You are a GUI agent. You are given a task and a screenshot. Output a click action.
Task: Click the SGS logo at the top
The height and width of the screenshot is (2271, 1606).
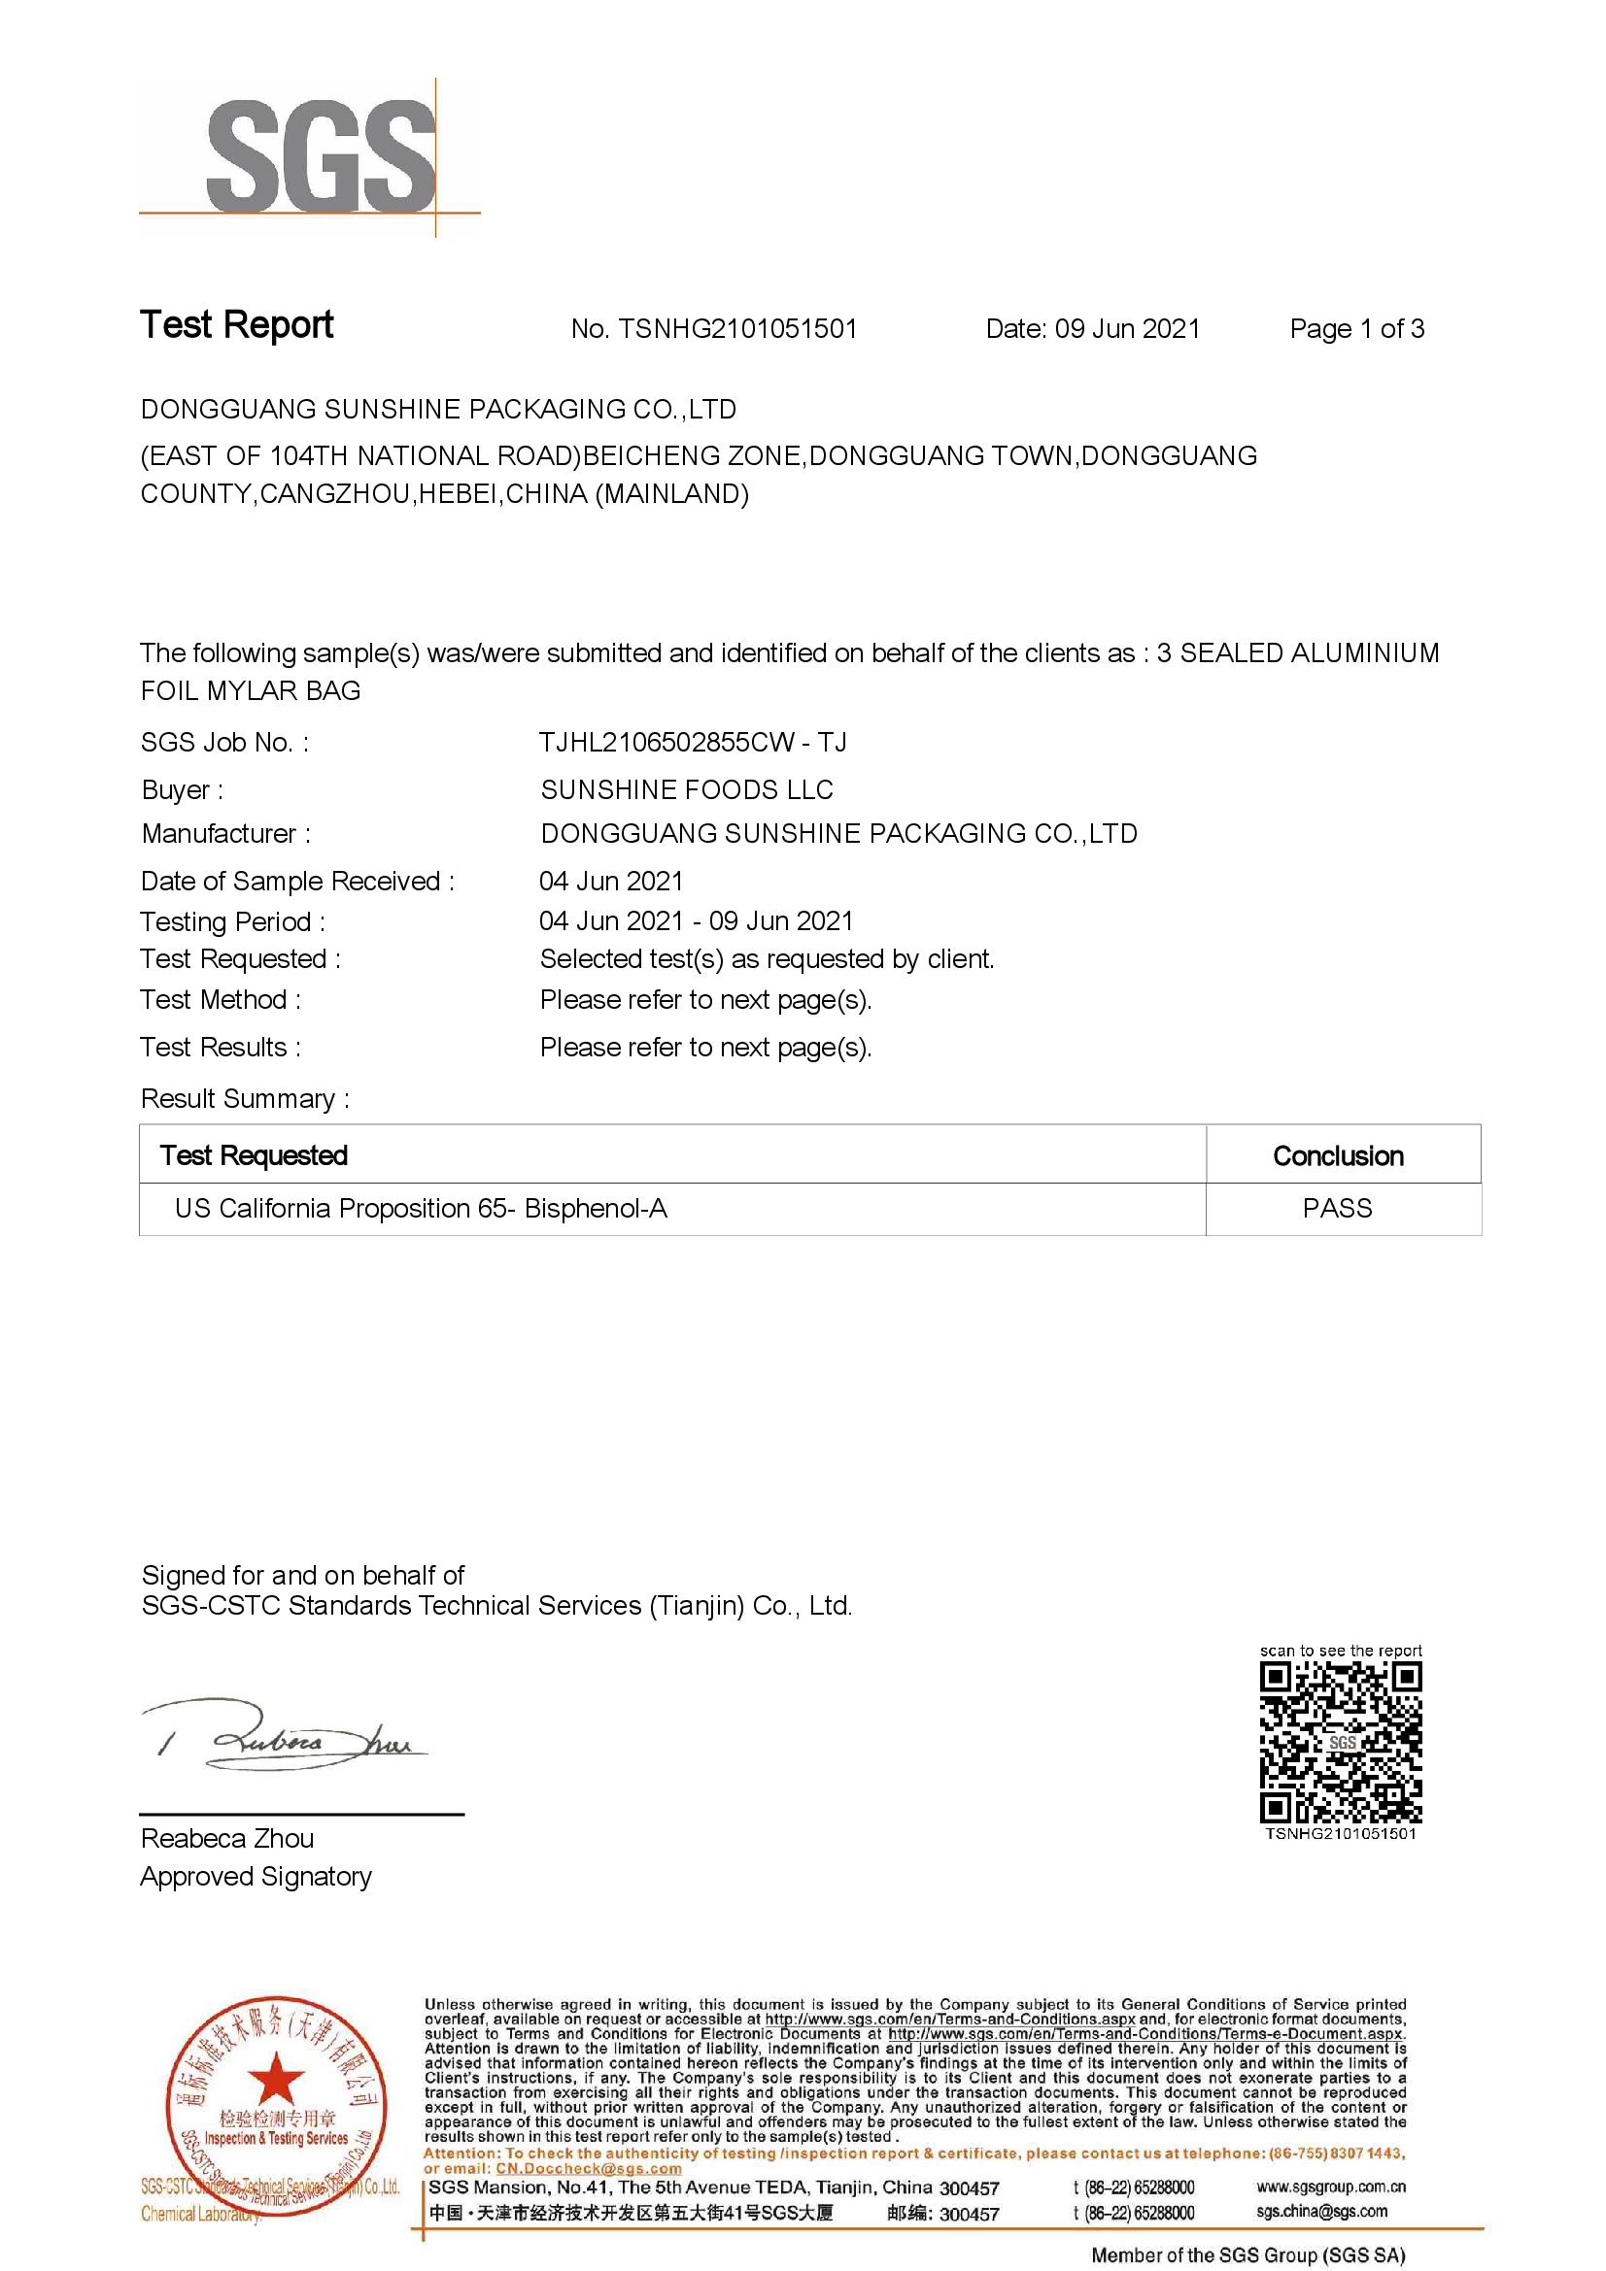[321, 155]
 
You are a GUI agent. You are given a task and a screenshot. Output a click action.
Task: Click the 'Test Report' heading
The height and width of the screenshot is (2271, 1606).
[236, 324]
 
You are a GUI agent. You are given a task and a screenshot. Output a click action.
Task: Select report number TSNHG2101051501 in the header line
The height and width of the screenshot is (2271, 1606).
[737, 329]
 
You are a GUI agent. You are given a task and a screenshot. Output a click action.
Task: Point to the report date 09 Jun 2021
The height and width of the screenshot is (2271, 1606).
[1127, 329]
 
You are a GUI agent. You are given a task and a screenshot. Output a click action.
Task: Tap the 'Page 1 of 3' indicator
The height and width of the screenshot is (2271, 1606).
[1355, 329]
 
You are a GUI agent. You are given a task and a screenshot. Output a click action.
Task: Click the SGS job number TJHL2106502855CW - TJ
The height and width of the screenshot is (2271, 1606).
[692, 743]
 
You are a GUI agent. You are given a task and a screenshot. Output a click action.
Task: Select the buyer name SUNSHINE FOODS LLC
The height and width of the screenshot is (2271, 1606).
[687, 789]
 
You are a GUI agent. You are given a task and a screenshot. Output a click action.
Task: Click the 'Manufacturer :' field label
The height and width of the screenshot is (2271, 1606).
[225, 834]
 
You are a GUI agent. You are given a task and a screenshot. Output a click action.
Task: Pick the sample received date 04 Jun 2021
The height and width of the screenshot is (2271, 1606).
[610, 881]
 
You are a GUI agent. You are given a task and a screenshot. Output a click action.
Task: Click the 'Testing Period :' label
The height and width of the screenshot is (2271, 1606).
[232, 921]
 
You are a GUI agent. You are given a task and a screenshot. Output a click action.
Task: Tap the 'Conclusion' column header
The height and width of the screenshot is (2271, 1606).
[1338, 1155]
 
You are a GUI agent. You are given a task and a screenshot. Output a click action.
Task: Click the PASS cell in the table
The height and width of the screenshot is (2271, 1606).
[1337, 1209]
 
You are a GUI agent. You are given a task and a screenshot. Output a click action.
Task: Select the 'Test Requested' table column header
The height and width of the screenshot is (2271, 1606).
[255, 1155]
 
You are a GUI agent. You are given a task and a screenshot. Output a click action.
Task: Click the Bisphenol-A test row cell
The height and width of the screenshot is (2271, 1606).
[421, 1209]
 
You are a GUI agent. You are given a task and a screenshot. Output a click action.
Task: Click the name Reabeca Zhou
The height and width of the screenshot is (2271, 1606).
[226, 1839]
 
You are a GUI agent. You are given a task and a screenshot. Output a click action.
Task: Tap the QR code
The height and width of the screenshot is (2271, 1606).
[1340, 1742]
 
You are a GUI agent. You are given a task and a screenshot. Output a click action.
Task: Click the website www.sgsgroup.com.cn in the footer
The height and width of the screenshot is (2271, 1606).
[1331, 2187]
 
